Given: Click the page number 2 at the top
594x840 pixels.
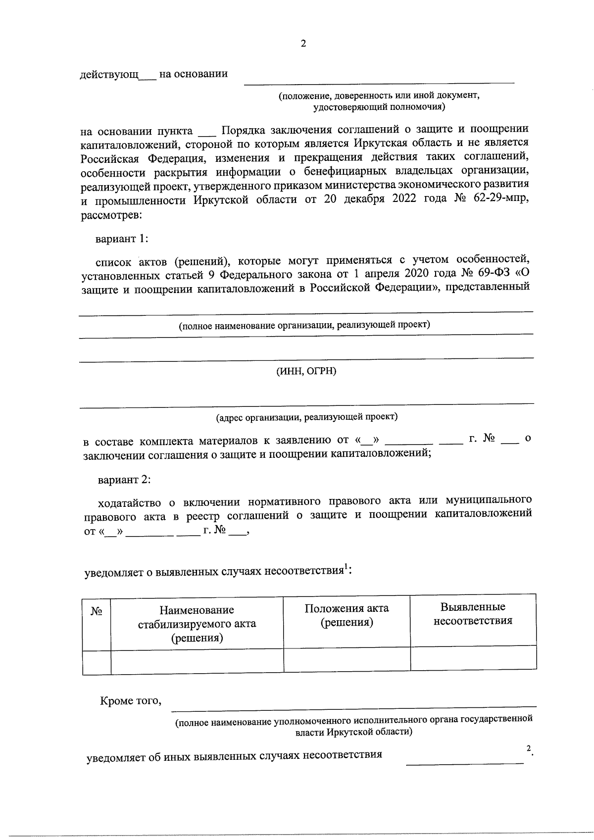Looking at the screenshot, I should [x=303, y=44].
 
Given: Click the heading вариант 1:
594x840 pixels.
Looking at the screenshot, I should [x=122, y=239].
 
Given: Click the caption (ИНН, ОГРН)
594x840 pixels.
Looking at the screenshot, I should [x=306, y=371].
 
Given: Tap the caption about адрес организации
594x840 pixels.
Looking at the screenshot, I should [x=306, y=417].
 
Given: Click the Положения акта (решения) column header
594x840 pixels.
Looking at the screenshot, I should [x=346, y=615].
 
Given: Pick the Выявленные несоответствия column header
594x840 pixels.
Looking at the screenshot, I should [x=473, y=614].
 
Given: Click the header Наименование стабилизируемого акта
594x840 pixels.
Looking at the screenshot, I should [x=197, y=624].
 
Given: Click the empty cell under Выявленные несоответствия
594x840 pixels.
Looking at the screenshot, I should [x=473, y=658].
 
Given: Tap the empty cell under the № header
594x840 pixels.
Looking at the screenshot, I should [x=97, y=662].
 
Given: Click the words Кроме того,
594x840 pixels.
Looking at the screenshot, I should [x=131, y=701].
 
